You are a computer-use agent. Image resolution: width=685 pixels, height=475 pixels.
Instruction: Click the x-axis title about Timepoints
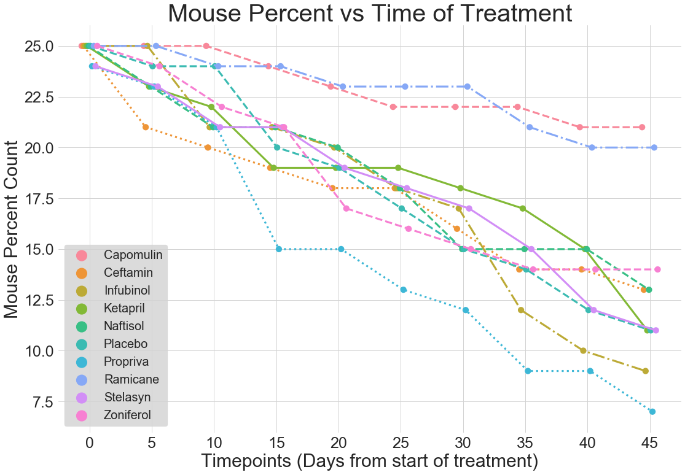coord(369,460)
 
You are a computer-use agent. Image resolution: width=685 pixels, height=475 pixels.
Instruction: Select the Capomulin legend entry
coord(128,255)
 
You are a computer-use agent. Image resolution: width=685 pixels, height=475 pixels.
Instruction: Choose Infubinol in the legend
coord(127,290)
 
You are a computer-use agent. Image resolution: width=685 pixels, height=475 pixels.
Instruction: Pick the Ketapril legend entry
coord(125,308)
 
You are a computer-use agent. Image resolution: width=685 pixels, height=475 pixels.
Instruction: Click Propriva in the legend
coord(126,361)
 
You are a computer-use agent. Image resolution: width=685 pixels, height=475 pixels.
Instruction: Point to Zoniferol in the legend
coord(128,415)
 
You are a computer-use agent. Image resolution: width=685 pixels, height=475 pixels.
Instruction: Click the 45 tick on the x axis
coord(649,442)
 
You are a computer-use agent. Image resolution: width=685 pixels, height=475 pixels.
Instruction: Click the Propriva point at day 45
coord(652,412)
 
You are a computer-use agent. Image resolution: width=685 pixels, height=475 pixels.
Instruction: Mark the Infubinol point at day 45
coord(645,371)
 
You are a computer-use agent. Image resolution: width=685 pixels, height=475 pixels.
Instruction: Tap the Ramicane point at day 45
coord(654,147)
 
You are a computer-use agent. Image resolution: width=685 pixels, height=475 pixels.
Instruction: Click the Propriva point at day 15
coord(279,249)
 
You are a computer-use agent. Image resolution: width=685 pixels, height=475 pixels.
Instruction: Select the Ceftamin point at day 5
coord(146,127)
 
